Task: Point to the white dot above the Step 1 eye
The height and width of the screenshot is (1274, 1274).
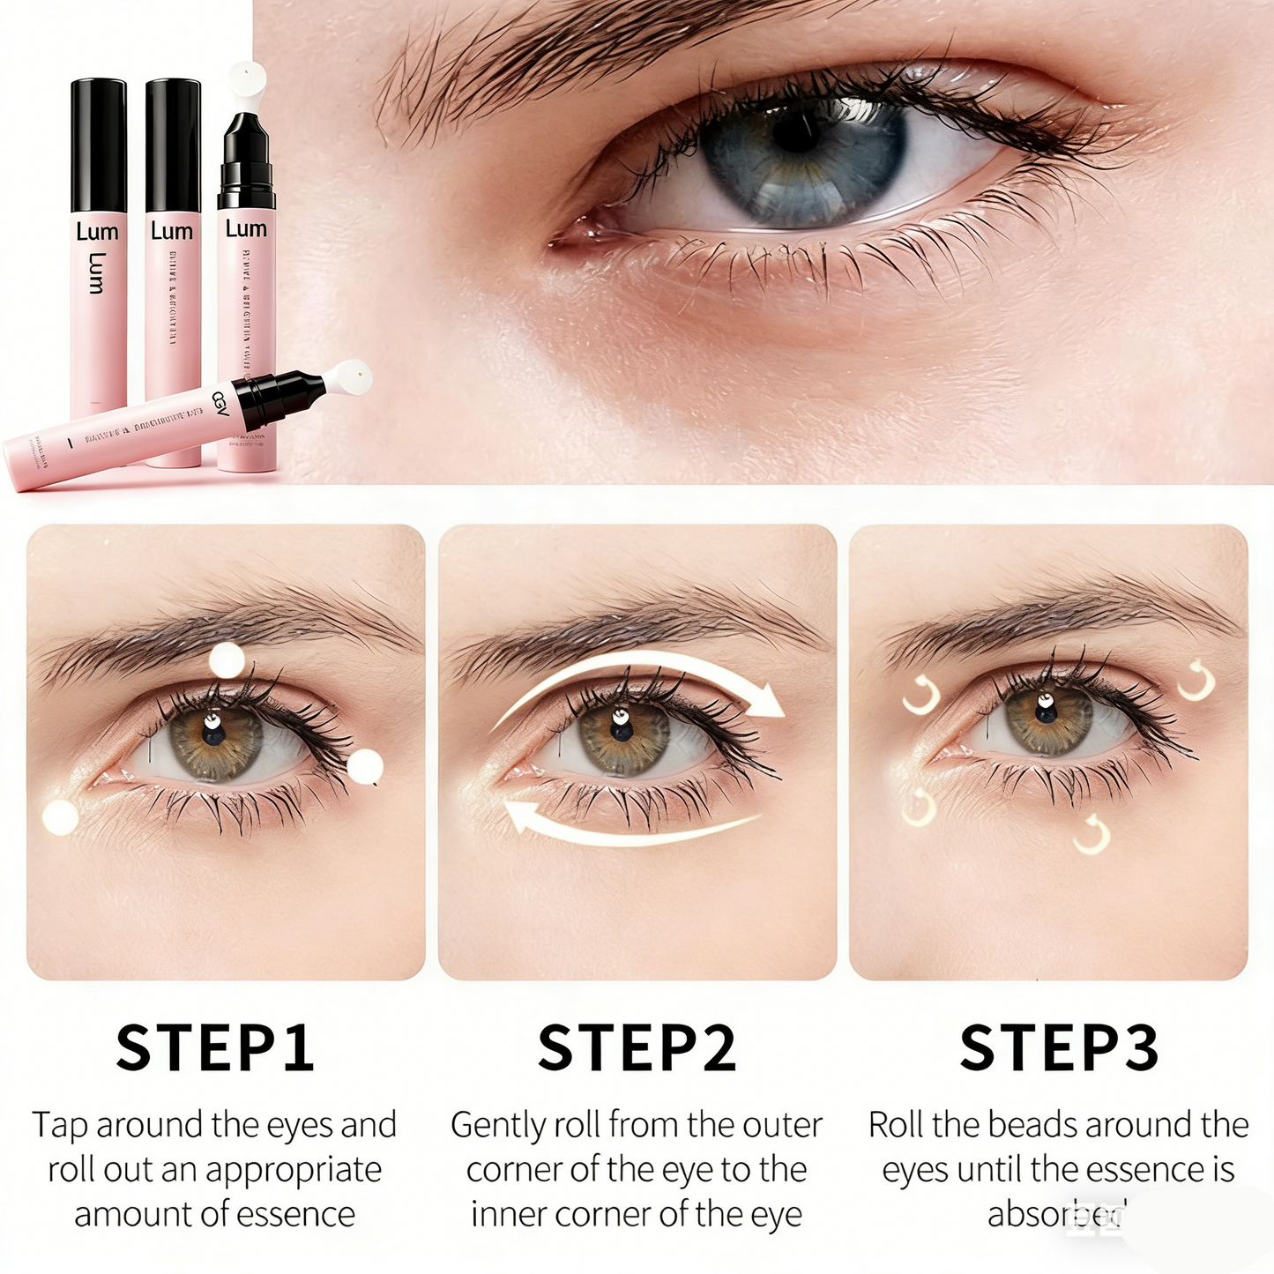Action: (227, 659)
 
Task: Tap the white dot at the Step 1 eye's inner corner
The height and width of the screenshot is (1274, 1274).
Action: (61, 817)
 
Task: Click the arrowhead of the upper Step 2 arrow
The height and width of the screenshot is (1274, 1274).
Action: (771, 703)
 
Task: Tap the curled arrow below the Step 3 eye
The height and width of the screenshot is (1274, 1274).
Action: (1092, 835)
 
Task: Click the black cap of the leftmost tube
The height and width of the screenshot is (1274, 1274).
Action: (98, 145)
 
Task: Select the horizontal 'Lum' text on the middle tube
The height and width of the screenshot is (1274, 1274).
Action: (171, 232)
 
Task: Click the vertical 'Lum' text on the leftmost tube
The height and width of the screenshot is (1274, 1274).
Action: (97, 272)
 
